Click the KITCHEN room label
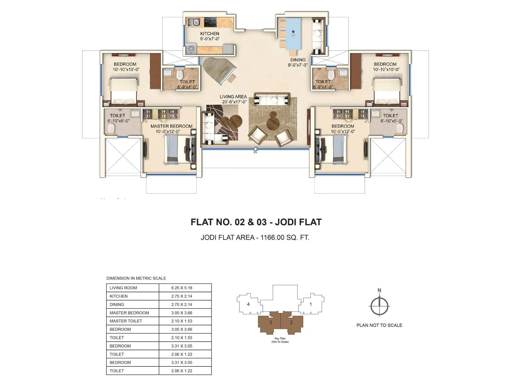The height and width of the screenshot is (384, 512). pos(210,34)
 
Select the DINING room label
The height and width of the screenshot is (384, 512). pos(298,60)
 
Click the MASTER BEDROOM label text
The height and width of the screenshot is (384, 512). pos(172,126)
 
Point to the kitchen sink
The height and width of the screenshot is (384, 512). pos(194,22)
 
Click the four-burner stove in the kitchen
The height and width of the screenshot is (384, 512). pos(210,22)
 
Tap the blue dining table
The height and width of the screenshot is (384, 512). pos(293,34)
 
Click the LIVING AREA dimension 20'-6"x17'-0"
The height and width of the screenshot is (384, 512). pos(234,102)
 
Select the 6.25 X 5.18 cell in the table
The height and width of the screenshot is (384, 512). pos(182,288)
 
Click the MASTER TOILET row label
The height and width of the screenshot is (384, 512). pos(126,321)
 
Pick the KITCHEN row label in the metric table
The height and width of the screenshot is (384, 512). pos(118,296)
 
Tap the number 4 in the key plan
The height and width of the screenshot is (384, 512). pos(248,304)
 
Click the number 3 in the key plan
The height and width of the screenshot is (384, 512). pos(271,322)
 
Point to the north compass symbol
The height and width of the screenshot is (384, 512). pos(380,306)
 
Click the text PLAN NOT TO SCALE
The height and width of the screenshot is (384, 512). pos(379,325)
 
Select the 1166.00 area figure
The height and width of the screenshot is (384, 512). pos(272,237)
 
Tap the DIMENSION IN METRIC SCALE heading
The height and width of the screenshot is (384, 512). pos(136,278)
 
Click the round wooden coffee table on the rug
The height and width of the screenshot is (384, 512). pos(273,122)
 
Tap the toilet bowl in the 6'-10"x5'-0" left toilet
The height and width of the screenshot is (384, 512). pos(111,129)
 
